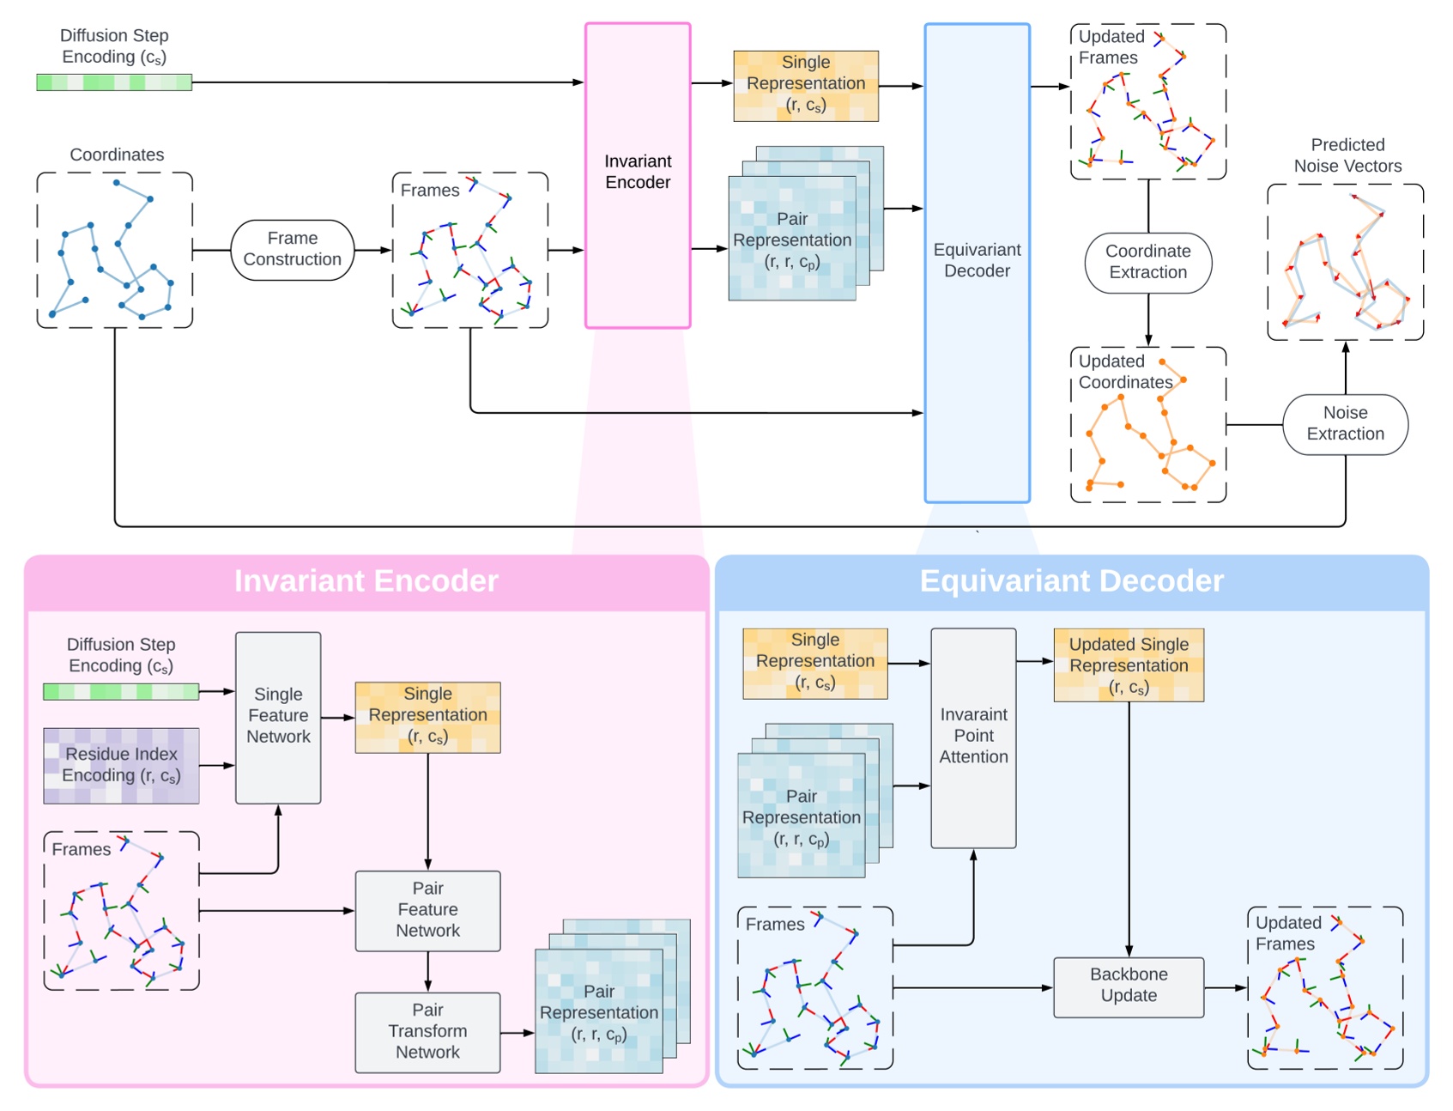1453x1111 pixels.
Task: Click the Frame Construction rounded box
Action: coord(292,249)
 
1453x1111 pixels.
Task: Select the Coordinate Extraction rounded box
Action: coord(1147,262)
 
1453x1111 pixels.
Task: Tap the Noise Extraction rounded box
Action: coord(1344,424)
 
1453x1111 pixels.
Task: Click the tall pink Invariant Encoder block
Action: coord(638,176)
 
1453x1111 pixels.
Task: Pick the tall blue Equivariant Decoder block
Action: coord(977,262)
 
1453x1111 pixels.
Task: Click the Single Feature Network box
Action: coord(278,717)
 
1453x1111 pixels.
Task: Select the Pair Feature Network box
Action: coord(427,910)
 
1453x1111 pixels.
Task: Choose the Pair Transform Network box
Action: coord(427,1032)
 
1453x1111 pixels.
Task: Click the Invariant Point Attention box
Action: coord(973,737)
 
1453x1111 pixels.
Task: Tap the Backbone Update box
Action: coord(1128,987)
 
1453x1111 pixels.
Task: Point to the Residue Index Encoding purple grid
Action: coord(121,765)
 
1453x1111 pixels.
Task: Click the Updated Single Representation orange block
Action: coord(1128,665)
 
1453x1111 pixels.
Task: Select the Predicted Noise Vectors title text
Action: coord(1347,155)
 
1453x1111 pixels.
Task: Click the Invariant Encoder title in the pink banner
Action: coord(366,581)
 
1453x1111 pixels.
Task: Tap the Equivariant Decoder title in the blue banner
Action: coord(1071,581)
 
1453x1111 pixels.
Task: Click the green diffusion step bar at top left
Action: coord(114,82)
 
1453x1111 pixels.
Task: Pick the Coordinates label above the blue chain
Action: coord(117,155)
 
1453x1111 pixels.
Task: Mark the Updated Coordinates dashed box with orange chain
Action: coord(1147,425)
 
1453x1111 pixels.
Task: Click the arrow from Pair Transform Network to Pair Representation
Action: coord(518,1033)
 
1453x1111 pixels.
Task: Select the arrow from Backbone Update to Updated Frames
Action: coord(1225,988)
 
